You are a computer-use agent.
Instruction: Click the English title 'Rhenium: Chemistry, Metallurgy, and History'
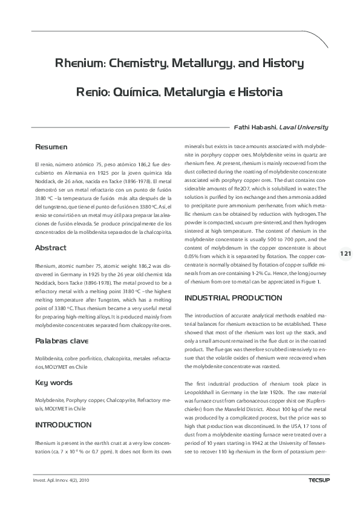tap(179, 63)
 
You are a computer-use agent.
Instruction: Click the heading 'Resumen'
tap(51, 148)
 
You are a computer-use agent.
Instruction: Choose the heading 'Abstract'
tap(51, 248)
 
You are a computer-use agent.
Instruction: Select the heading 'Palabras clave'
tap(62, 341)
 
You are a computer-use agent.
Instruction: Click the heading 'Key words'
tap(54, 383)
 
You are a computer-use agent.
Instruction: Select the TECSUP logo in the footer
tap(316, 481)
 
